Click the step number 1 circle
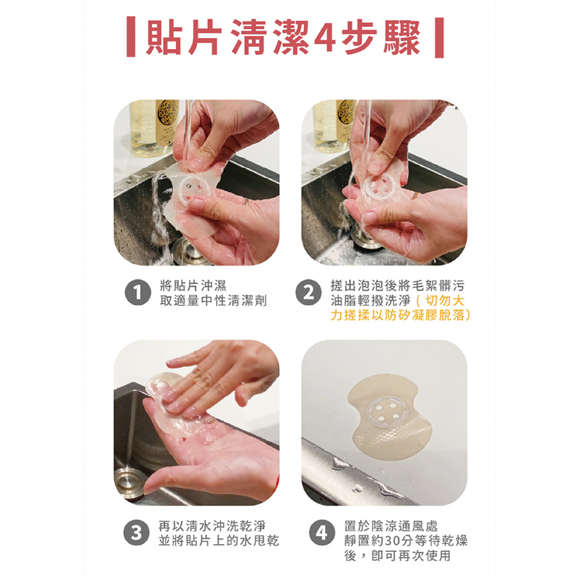[138, 293]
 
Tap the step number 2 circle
[309, 293]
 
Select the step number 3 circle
[137, 533]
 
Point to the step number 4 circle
[322, 533]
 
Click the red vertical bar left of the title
[130, 37]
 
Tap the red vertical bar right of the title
[439, 37]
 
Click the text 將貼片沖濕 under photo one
[193, 286]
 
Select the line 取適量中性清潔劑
[214, 301]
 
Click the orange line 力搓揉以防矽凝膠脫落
[400, 315]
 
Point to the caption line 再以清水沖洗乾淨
[212, 526]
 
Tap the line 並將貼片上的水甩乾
[219, 540]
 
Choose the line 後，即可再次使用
[397, 555]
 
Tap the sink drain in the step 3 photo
[128, 482]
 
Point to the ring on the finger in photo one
[247, 201]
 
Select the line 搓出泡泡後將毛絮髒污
[397, 286]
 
